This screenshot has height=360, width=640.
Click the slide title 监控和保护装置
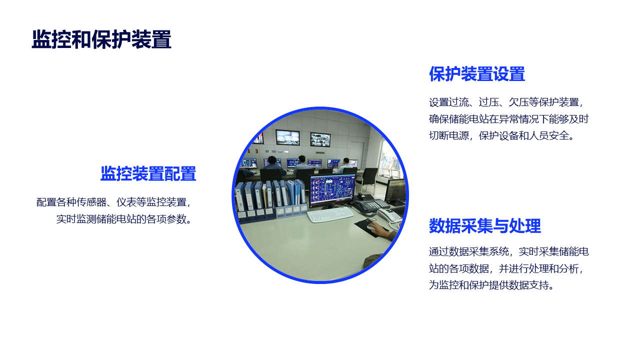(x=101, y=39)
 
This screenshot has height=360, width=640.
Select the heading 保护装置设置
(x=477, y=74)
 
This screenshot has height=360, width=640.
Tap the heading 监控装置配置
(x=148, y=173)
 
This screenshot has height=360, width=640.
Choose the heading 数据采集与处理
(x=485, y=226)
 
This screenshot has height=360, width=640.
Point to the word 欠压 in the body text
(x=518, y=102)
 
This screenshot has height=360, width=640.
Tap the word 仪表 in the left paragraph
(x=126, y=202)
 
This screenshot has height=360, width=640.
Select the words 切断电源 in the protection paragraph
(x=449, y=135)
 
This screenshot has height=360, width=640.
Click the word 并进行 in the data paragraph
(x=513, y=268)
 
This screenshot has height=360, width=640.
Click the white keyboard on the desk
(x=330, y=214)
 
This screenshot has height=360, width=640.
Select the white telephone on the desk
(x=389, y=215)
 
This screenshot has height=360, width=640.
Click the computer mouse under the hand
(x=372, y=227)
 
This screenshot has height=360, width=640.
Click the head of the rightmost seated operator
(x=346, y=161)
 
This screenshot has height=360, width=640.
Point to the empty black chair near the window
(x=368, y=179)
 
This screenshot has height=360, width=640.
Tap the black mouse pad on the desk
(x=371, y=227)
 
